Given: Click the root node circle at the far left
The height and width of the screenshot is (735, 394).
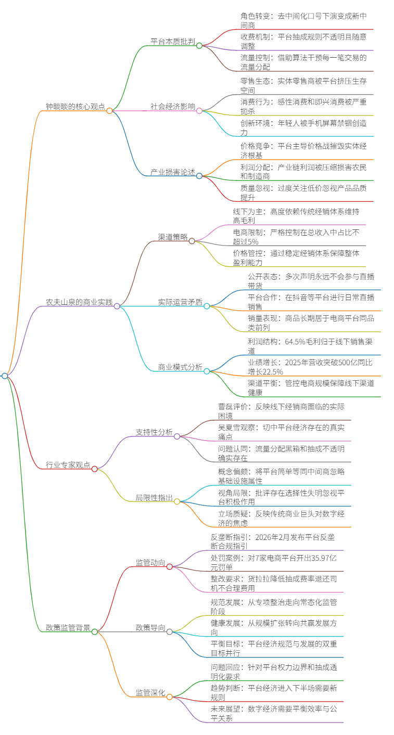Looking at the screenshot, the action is pyautogui.click(x=5, y=376).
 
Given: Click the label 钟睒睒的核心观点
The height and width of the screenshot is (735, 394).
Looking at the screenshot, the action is pyautogui.click(x=75, y=106).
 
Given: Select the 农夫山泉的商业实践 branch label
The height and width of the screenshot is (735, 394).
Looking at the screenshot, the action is pyautogui.click(x=79, y=302).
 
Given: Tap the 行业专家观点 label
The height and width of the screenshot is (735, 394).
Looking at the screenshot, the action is pyautogui.click(x=68, y=465).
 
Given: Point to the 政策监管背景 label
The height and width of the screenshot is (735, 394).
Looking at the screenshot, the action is pyautogui.click(x=68, y=627).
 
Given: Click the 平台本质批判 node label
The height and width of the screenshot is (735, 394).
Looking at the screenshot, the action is pyautogui.click(x=173, y=41).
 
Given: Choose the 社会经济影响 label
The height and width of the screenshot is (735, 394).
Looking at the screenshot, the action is pyautogui.click(x=173, y=106).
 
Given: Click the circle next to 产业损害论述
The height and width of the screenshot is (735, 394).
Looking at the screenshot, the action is pyautogui.click(x=199, y=176).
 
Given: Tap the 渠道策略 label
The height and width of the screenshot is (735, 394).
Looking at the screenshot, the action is pyautogui.click(x=173, y=237).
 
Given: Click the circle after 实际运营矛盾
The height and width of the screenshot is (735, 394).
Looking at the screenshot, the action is pyautogui.click(x=207, y=306).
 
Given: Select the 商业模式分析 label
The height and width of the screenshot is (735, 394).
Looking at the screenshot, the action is pyautogui.click(x=180, y=367).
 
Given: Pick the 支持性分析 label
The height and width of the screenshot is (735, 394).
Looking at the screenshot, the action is pyautogui.click(x=154, y=432).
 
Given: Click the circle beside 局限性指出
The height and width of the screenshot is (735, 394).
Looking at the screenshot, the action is pyautogui.click(x=177, y=501).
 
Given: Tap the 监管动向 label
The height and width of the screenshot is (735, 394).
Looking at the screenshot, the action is pyautogui.click(x=150, y=562).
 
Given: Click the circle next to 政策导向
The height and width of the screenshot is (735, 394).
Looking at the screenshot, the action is pyautogui.click(x=170, y=631).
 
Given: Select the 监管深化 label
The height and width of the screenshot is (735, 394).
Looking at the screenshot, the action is pyautogui.click(x=150, y=692).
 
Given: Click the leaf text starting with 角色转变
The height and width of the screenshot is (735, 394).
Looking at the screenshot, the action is pyautogui.click(x=303, y=20).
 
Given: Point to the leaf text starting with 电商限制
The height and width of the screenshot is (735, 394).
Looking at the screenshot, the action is pyautogui.click(x=296, y=237).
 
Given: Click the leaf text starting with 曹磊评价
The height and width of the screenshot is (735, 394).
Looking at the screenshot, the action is pyautogui.click(x=282, y=411).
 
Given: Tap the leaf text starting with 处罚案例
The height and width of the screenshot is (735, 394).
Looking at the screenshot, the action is pyautogui.click(x=273, y=562).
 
